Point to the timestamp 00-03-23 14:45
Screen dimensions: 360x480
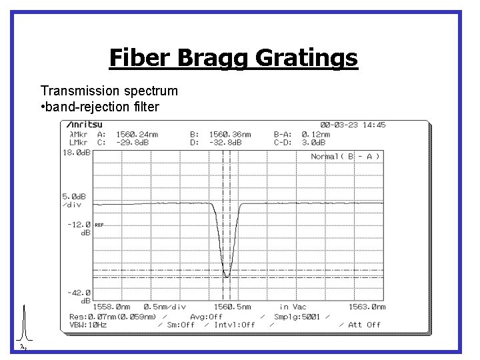click(353, 125)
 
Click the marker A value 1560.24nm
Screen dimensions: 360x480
click(137, 133)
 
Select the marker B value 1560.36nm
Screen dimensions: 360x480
click(230, 133)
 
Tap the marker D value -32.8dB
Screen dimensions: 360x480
click(226, 142)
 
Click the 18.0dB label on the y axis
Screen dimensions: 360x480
click(76, 153)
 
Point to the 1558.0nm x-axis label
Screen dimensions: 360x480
click(116, 307)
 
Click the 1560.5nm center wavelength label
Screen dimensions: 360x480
click(232, 307)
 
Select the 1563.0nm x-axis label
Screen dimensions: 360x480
click(367, 307)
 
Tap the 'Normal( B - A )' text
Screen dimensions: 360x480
click(345, 157)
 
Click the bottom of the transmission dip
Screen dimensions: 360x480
click(227, 275)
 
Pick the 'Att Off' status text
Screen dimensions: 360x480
click(364, 325)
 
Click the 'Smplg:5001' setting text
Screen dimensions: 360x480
click(297, 316)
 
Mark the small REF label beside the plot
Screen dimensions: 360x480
click(99, 225)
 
